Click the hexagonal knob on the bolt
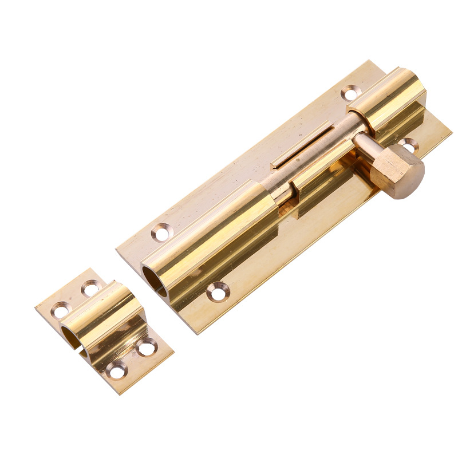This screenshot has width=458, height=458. coord(397,170)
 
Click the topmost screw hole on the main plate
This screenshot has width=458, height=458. coord(350,92)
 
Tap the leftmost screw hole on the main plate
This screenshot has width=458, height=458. coord(161,232)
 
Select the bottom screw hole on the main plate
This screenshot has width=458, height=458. coord(218,291)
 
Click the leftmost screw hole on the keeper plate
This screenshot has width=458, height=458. coord(60,311)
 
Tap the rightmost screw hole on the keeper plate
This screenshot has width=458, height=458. coord(147,347)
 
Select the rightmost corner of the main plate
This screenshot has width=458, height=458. coord(451,133)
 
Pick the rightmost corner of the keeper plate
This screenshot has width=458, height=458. coord(173,352)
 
